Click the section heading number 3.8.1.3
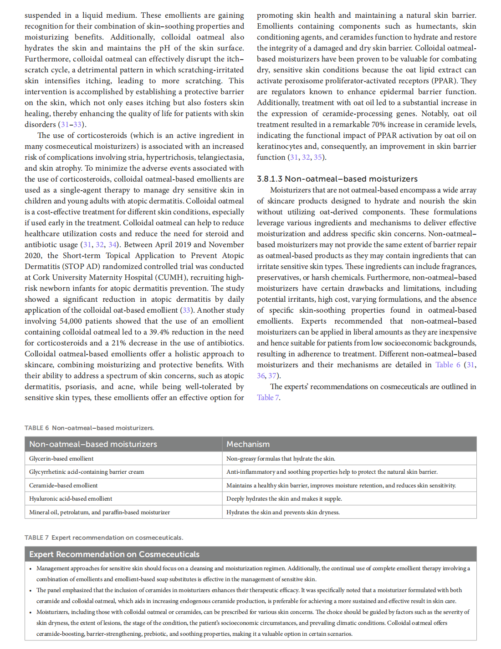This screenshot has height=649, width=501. [x=270, y=179]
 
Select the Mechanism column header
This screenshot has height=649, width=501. [x=248, y=444]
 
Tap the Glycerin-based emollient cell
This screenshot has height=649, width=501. [x=61, y=459]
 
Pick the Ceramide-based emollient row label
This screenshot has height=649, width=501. [x=63, y=486]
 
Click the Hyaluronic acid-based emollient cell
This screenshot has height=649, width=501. [x=71, y=499]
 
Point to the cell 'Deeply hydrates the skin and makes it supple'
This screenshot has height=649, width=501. [x=284, y=499]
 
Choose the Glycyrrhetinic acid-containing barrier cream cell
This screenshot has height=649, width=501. [x=87, y=472]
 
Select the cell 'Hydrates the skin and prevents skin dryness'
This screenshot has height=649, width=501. [x=283, y=512]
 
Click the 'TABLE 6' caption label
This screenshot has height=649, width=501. [x=36, y=428]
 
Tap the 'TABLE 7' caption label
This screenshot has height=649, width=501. [x=36, y=537]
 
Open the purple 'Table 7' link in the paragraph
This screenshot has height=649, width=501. [x=268, y=397]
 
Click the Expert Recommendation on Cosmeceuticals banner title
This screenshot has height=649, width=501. [x=114, y=554]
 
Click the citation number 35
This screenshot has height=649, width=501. [x=317, y=157]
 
